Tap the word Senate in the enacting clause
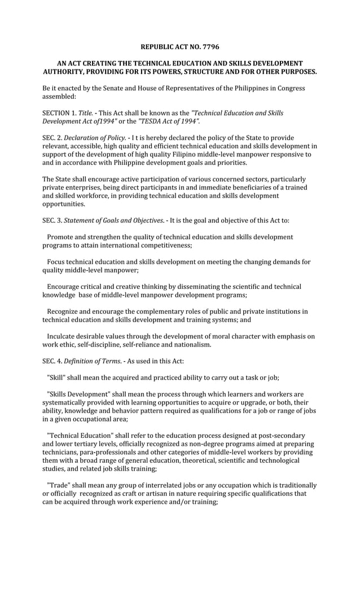[120, 88]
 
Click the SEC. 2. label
[52, 138]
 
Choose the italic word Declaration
[82, 138]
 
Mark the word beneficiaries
[254, 187]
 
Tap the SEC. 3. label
[52, 221]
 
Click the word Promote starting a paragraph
[63, 237]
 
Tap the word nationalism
[191, 344]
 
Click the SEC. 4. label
[52, 361]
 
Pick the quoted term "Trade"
[58, 485]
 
